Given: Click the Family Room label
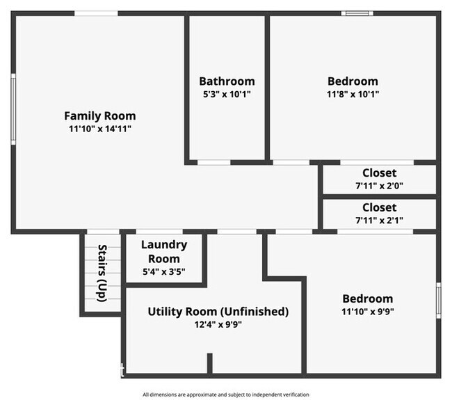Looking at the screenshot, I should (100, 116).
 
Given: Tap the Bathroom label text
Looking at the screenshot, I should (227, 81).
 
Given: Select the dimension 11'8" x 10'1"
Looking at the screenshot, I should (353, 94).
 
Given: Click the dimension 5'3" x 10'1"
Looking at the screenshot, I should (227, 94).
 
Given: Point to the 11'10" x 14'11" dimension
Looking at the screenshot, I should (100, 129).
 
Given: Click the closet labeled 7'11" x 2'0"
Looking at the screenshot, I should (379, 179).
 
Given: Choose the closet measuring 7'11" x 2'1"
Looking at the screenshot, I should (379, 214).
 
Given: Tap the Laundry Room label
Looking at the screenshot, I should (164, 251).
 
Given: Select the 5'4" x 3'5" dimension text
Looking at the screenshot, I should (164, 271).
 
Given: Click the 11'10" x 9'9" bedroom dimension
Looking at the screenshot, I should (366, 312).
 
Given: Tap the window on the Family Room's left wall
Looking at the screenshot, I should (13, 109).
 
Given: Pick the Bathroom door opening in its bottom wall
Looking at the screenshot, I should (213, 162).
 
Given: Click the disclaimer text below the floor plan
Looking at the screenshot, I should (225, 394).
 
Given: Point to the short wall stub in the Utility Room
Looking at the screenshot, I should (209, 364).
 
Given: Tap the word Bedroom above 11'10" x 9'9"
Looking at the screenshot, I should (366, 298).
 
